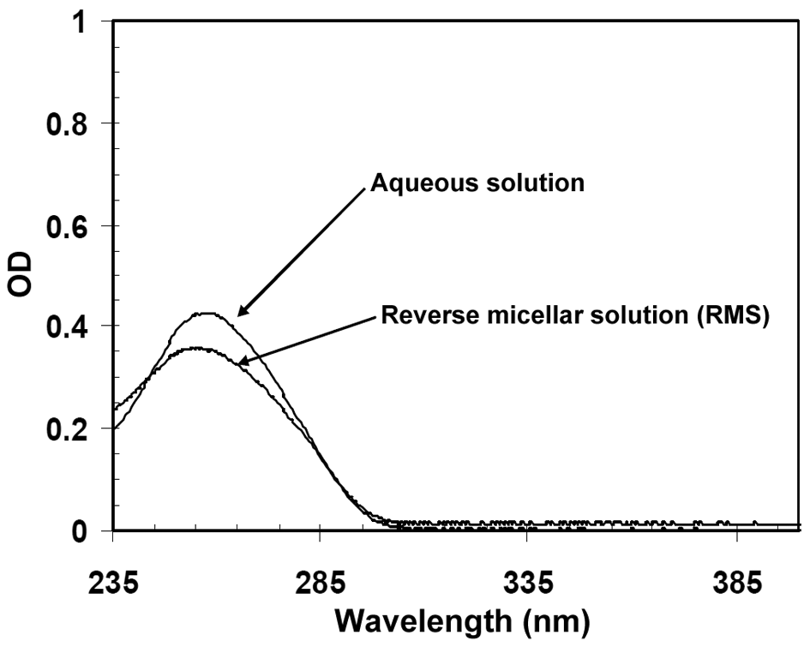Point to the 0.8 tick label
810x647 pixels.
click(x=68, y=123)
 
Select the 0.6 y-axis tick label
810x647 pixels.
click(x=68, y=225)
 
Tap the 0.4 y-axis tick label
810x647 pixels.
click(x=68, y=326)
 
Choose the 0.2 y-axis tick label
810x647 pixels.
click(x=68, y=428)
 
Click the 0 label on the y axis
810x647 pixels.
click(x=81, y=530)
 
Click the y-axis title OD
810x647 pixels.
click(x=21, y=276)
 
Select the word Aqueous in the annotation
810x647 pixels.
click(x=414, y=183)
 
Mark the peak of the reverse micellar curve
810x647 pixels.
click(x=198, y=348)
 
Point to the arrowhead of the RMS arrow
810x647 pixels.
click(x=239, y=363)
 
